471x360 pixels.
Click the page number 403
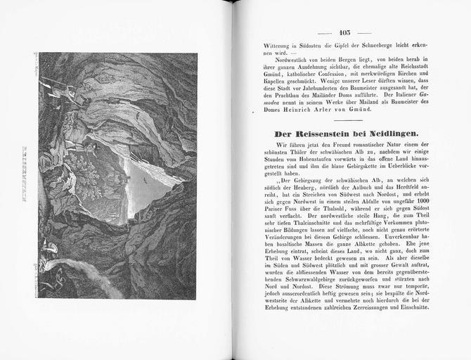[x=344, y=32]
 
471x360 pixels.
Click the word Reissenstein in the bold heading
[x=321, y=133]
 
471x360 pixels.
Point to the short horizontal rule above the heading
[x=344, y=119]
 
